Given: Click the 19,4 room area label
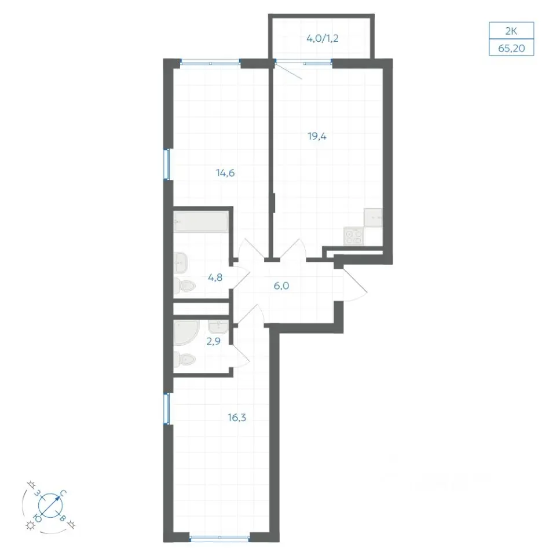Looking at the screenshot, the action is click(x=317, y=136).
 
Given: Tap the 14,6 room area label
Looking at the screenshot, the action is click(x=225, y=173).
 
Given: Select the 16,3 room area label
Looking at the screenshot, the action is click(x=237, y=418).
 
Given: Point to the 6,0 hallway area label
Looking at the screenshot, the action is click(x=281, y=286).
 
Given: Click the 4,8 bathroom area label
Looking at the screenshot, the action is click(x=215, y=277).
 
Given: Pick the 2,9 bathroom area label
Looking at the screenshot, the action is click(x=214, y=342).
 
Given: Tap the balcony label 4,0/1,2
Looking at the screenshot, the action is click(x=323, y=38).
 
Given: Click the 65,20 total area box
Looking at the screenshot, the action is click(x=511, y=47).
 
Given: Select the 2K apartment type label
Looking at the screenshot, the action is click(x=511, y=31).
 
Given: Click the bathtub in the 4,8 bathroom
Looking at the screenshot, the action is click(x=201, y=222).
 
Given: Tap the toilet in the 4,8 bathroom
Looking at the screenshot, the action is click(x=184, y=286).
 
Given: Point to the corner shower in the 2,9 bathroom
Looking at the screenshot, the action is click(x=185, y=332).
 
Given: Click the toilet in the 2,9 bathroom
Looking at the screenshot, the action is click(x=184, y=360).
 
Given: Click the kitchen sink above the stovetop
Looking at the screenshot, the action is click(x=373, y=218).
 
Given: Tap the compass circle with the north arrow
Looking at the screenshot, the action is click(x=50, y=505).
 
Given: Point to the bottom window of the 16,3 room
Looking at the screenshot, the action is click(x=220, y=537).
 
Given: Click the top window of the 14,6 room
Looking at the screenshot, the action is click(x=211, y=63).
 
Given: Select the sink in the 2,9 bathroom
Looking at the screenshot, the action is click(x=218, y=327).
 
